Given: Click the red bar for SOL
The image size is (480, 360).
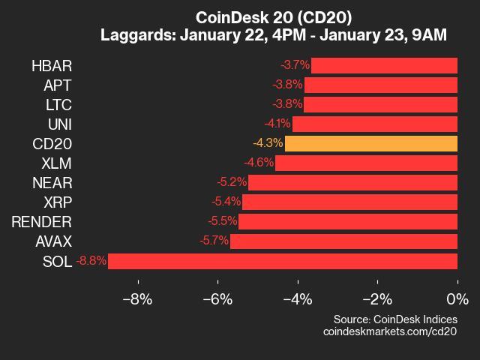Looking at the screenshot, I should [x=283, y=261].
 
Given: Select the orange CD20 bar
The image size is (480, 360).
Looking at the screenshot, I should [x=371, y=143].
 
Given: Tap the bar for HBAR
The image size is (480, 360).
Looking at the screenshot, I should [x=384, y=65].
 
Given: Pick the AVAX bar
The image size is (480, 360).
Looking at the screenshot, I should [x=343, y=241].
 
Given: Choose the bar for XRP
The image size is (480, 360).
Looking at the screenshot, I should [x=349, y=202].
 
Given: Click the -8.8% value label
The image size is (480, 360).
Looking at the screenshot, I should [x=91, y=261].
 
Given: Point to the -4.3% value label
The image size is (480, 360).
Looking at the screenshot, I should [x=268, y=143].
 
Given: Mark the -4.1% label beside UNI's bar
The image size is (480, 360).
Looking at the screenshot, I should [x=276, y=124].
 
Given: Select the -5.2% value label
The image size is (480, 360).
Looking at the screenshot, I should [x=232, y=182].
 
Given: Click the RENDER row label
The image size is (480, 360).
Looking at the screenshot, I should [x=41, y=222].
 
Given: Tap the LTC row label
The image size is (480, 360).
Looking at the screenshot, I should [x=58, y=104].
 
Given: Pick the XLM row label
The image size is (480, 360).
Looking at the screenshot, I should [x=56, y=163].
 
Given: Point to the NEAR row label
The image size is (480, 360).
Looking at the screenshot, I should [x=52, y=182].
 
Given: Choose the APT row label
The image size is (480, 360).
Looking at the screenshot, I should [x=58, y=85].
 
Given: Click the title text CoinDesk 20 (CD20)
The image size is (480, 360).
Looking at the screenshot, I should [x=273, y=17].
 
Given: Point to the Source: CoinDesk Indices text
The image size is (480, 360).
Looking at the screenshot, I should [x=395, y=319].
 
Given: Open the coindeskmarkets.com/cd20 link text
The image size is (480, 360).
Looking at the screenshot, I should [x=390, y=331].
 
